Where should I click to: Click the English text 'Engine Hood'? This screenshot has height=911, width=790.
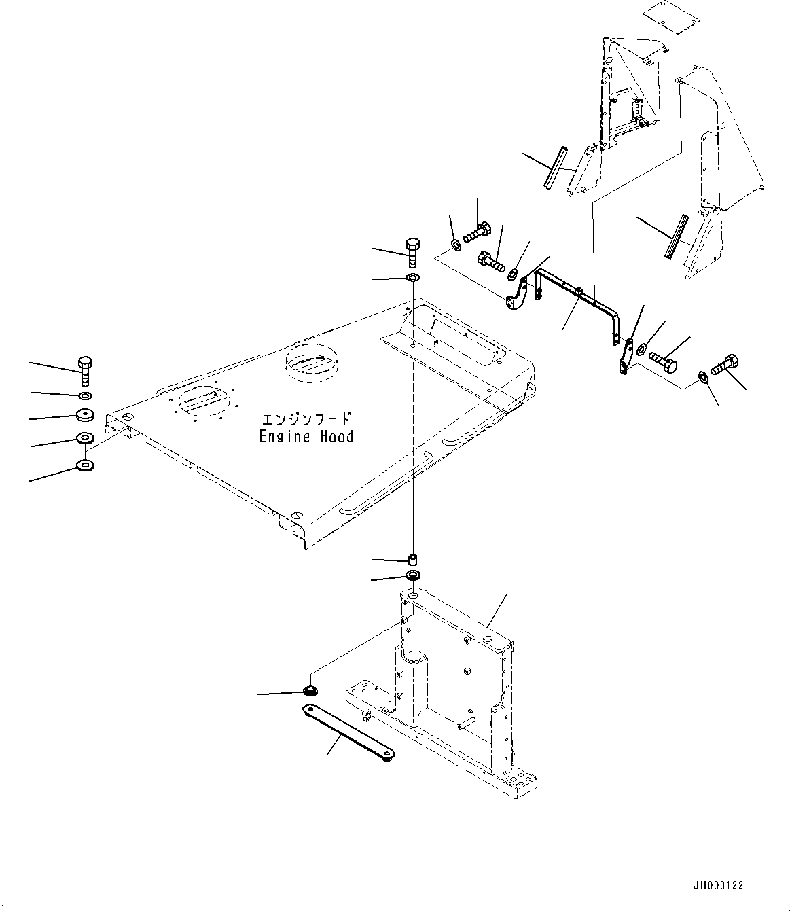click(x=306, y=437)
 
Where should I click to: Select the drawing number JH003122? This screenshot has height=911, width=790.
click(x=719, y=885)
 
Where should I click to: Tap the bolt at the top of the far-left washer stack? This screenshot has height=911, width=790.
click(x=85, y=370)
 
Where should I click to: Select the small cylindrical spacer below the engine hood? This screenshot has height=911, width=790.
click(x=412, y=560)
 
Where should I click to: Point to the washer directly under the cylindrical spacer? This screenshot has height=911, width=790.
click(x=412, y=576)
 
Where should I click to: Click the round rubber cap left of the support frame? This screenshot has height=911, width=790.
click(x=310, y=692)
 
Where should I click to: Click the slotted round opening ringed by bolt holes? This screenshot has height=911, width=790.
click(x=202, y=401)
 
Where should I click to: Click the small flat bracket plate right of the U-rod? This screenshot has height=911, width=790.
click(x=625, y=357)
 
